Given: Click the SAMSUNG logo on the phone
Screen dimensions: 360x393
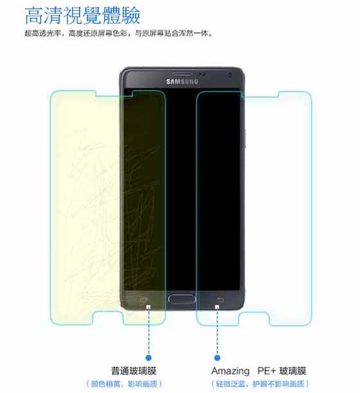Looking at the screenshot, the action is click(x=182, y=82).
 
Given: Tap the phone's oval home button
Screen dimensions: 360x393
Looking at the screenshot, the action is click(x=182, y=299).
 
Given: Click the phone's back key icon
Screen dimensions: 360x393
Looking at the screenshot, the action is click(x=221, y=300).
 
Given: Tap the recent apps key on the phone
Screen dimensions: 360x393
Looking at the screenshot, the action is click(x=143, y=300).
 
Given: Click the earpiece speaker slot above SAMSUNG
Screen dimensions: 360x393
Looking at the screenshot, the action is click(x=183, y=74).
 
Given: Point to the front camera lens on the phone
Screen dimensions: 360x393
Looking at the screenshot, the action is click(x=230, y=75).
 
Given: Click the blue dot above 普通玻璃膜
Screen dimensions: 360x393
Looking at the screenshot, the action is click(x=148, y=358).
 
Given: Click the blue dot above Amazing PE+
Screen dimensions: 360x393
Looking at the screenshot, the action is click(x=217, y=358).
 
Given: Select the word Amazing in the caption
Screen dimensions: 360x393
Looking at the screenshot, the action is click(x=231, y=371).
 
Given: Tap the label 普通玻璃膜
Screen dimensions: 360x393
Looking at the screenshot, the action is click(x=134, y=371).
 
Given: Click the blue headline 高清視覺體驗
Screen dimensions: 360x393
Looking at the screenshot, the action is click(x=82, y=15).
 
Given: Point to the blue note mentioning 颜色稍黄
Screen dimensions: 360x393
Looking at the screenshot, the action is click(x=124, y=384).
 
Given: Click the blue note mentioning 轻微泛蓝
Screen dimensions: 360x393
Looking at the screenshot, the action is click(x=260, y=384).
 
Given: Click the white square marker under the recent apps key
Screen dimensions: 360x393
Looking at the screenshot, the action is click(x=148, y=307).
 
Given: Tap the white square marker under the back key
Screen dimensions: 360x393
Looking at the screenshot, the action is click(x=217, y=307).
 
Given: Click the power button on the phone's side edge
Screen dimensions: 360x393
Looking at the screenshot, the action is click(x=245, y=138).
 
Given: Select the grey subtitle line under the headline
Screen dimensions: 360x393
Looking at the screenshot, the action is click(x=118, y=33).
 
